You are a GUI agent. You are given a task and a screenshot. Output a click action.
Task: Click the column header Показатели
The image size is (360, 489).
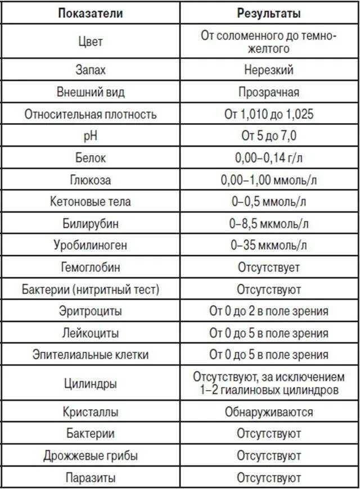coord(90,13)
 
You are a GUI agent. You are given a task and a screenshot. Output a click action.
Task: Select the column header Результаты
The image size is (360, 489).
coord(269,13)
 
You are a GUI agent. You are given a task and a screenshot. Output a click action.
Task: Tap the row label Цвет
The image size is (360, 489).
coord(90,42)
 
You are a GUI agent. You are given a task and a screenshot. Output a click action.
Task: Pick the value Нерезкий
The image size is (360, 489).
coord(269,70)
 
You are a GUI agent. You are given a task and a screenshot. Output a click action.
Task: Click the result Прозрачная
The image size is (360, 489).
coord(269,92)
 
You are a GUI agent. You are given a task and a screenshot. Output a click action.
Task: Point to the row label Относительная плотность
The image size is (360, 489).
coord(90,115)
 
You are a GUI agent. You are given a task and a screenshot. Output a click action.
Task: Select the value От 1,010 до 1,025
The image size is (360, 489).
coord(269,115)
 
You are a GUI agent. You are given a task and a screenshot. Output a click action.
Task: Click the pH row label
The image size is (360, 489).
coord(90,137)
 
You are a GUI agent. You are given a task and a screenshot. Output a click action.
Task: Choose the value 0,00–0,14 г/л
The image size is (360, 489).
coord(269,159)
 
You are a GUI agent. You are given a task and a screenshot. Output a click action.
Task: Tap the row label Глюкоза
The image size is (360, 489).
coord(90,180)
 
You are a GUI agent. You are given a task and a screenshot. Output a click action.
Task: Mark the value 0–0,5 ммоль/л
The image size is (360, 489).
coord(269,202)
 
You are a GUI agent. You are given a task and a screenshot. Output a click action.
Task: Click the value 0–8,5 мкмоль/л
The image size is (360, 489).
coord(269,224)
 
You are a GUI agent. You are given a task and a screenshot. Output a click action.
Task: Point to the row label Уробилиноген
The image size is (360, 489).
coord(90,246)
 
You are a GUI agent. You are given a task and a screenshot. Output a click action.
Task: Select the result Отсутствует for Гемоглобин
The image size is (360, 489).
coord(269,268)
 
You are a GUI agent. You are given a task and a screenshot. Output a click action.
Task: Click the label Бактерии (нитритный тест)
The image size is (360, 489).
coord(90,290)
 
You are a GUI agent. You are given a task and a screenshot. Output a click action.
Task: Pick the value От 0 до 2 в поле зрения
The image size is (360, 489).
coord(269,311)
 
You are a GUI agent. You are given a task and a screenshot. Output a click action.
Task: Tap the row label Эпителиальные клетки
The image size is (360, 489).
coord(90,355)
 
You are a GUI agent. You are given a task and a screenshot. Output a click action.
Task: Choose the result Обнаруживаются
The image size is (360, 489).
coord(269,412)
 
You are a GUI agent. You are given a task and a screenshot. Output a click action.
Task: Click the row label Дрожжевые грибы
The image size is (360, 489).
coord(90,456)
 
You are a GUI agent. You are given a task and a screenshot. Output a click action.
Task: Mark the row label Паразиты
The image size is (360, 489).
coord(90,478)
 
